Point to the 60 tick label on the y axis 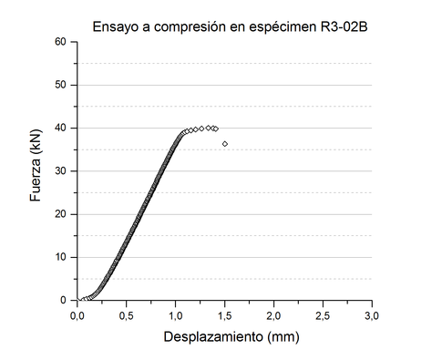tap(60, 42)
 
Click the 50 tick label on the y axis tap(60, 85)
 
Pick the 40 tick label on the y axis tap(60, 128)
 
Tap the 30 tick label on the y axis tap(60, 171)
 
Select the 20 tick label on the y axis tap(60, 214)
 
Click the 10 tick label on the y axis tap(60, 257)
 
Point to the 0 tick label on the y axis tap(64, 300)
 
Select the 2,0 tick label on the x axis tap(274, 314)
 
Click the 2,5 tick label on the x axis tap(324, 314)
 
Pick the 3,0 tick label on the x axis tap(372, 314)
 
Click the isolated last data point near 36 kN tap(224, 144)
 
